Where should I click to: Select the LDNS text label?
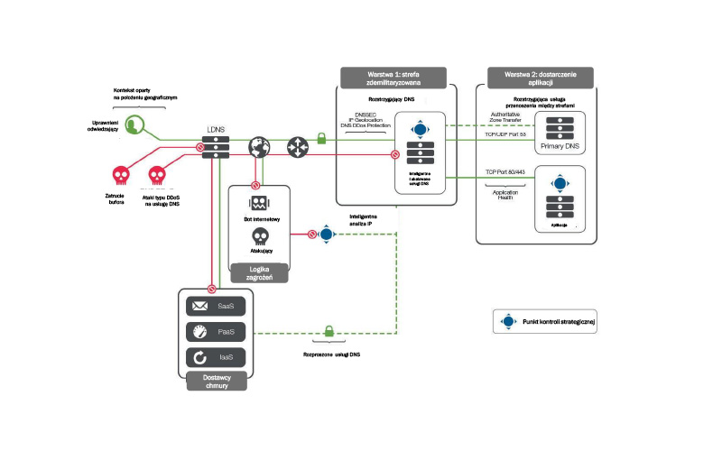217,129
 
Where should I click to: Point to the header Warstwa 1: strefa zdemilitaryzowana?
398,77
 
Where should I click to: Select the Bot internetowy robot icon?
260,203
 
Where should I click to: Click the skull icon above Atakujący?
260,236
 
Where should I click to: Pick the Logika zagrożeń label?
260,272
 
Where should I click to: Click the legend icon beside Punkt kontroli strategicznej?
508,321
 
